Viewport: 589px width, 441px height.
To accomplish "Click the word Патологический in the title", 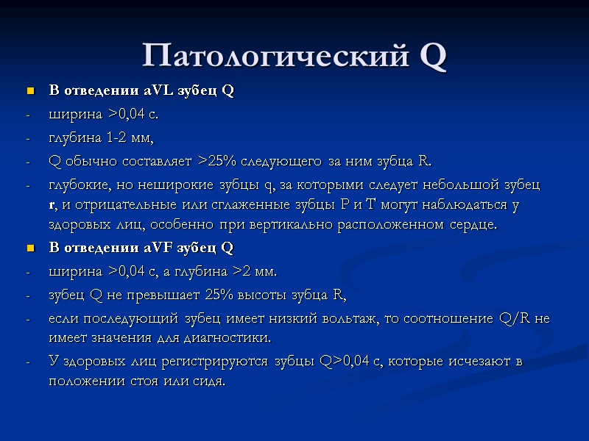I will pyautogui.click(x=275, y=55).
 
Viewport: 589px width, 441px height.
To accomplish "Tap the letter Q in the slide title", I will pyautogui.click(x=432, y=55).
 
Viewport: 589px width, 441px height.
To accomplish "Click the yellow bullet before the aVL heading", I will pyautogui.click(x=30, y=92).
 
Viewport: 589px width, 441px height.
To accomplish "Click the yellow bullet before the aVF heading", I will pyautogui.click(x=30, y=248).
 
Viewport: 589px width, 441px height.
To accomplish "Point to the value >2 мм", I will pyautogui.click(x=254, y=271).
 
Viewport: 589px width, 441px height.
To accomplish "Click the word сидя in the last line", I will pyautogui.click(x=207, y=382).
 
